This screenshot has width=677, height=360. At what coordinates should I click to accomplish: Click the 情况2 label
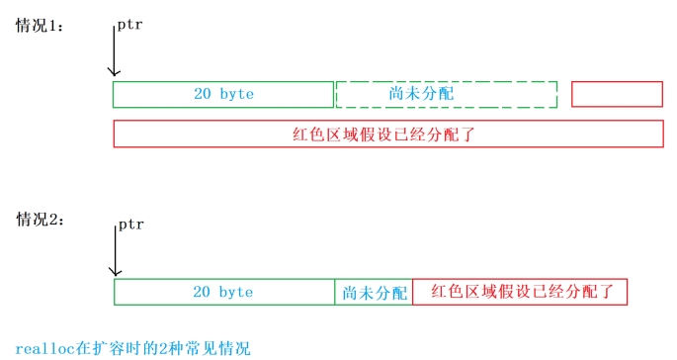[x=41, y=220]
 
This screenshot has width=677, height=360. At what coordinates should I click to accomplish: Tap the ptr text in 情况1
[x=129, y=25]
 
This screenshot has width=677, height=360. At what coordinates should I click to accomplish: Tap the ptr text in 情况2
[x=130, y=225]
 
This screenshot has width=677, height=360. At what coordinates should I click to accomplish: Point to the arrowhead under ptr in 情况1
[x=114, y=71]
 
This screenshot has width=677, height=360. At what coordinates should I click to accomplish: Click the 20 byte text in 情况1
[x=223, y=94]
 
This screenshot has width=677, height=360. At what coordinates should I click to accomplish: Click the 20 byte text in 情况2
[x=222, y=293]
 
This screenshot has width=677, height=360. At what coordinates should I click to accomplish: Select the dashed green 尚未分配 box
[x=447, y=94]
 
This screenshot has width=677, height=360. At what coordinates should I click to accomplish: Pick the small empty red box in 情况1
[x=617, y=94]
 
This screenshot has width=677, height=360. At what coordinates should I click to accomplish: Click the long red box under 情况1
[x=388, y=134]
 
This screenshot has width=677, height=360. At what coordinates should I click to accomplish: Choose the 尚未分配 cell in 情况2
[x=375, y=293]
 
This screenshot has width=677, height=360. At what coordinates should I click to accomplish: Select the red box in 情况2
[x=520, y=292]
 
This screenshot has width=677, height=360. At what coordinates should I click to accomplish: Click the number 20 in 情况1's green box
[x=203, y=94]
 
